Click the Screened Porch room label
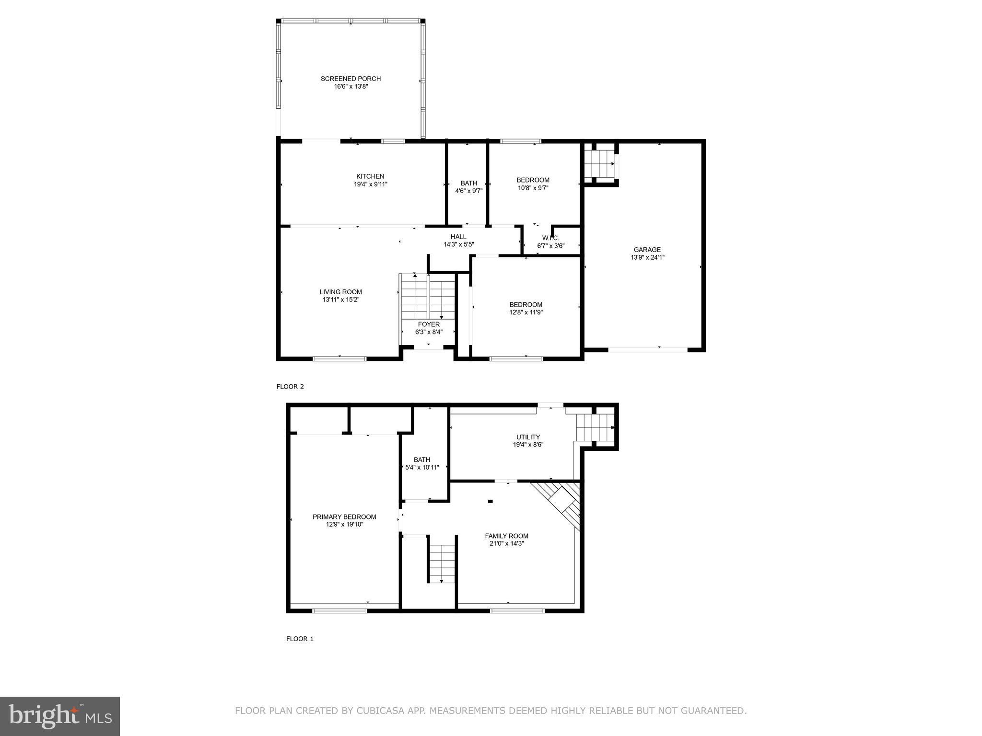coord(351,79)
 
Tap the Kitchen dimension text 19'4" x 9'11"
coord(370,184)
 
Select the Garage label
coord(647,250)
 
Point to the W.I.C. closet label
coord(550,238)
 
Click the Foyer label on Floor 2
coord(429,324)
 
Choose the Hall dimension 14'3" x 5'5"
coord(458,244)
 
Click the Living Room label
coord(340,292)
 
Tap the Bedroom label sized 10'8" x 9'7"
coord(533,180)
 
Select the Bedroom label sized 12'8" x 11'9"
coord(526,305)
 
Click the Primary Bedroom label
coord(344,517)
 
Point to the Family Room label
coord(506,536)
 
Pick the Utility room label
coord(528,437)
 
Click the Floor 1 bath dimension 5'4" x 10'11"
coord(422,467)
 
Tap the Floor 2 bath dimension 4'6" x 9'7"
coord(468,191)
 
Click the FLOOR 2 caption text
coord(290,387)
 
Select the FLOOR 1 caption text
coord(300,639)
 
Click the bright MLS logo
coord(60,716)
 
